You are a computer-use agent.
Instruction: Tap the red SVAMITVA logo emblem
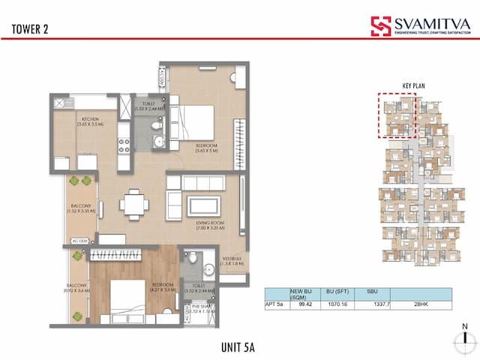point(380,26)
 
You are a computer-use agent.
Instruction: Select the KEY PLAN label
point(413,85)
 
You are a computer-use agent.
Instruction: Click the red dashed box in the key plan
point(397,115)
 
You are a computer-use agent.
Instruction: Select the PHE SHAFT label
point(199,307)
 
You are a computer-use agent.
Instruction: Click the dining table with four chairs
point(133,204)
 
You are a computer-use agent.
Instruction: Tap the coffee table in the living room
point(203,205)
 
